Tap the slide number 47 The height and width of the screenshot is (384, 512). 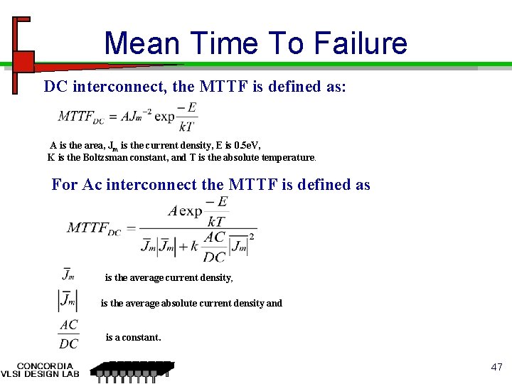coord(496,368)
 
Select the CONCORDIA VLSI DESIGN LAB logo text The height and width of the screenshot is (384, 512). coord(40,370)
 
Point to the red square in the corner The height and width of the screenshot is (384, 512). coord(23,62)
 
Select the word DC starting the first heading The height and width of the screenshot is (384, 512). coord(55,87)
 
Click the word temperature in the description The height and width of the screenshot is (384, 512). coord(284,157)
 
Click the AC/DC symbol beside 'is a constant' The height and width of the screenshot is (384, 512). coord(68,334)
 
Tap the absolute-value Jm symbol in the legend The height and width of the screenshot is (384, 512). coord(68,301)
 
